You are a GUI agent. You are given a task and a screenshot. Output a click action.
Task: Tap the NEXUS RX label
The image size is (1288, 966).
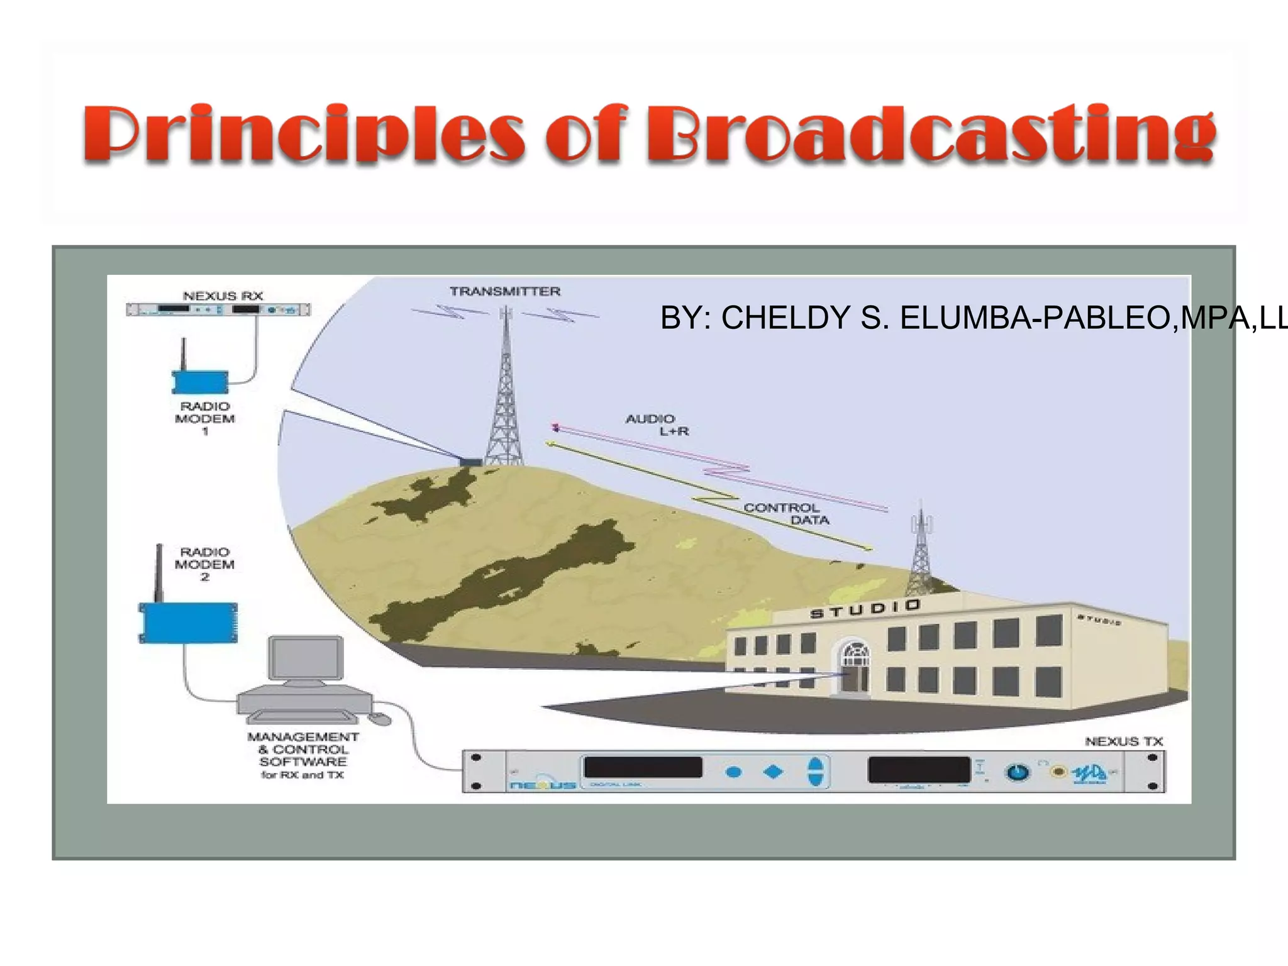223,296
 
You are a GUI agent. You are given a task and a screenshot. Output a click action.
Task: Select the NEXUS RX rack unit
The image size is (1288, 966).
218,309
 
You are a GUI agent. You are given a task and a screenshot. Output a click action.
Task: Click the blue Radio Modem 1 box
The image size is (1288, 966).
200,382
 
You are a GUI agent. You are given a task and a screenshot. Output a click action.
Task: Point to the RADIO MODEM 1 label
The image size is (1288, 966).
205,418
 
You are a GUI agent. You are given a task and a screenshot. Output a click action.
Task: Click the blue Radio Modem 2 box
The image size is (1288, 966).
188,623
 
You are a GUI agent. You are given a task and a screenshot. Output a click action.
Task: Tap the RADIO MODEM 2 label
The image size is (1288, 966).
205,564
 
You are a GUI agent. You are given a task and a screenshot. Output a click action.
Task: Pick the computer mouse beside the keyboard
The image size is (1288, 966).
379,718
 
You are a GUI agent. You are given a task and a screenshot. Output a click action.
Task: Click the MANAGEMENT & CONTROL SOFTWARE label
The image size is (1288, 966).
303,755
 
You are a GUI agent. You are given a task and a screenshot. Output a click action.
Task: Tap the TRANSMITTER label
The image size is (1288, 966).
505,291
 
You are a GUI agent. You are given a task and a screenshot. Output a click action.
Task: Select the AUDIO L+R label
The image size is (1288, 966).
657,425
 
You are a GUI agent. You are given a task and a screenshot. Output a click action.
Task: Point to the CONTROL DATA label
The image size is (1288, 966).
786,514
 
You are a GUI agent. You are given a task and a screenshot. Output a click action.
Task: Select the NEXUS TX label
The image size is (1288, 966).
1124,741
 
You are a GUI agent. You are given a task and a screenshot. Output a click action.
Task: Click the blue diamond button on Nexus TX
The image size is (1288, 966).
773,772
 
